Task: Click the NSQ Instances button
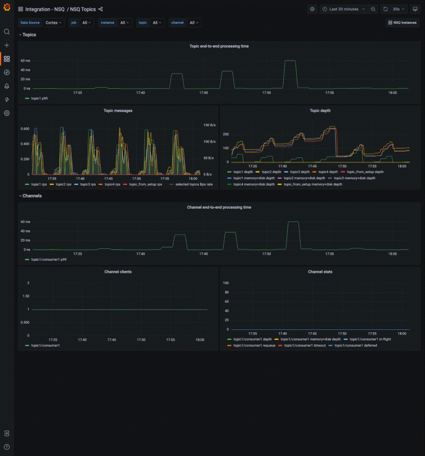(403, 23)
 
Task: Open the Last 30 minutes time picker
(345, 9)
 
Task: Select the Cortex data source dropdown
(54, 23)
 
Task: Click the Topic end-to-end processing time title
(219, 46)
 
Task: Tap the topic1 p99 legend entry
(40, 98)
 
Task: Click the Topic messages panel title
(118, 111)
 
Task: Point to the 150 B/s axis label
(210, 125)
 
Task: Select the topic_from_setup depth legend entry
(365, 171)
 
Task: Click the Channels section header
(32, 196)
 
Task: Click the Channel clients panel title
(118, 272)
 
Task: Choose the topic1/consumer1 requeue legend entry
(254, 345)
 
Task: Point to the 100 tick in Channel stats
(226, 283)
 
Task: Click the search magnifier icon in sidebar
(7, 32)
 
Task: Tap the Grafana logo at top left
(7, 9)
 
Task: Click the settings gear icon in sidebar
(7, 113)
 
